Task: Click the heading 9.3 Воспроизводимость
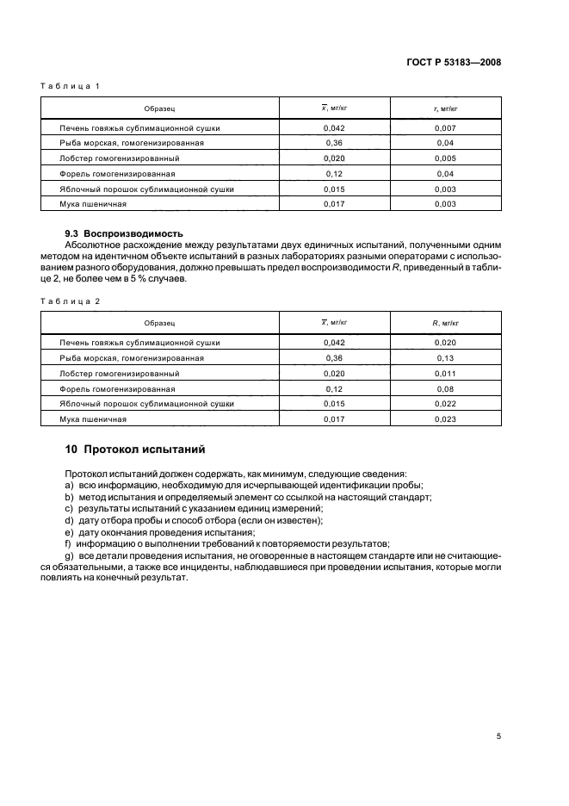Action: pos(125,233)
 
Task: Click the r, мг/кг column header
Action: pos(444,108)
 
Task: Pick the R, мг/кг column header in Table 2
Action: pos(444,323)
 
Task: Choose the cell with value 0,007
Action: pos(444,127)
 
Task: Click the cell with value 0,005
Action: pos(444,158)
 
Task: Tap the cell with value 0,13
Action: pos(444,357)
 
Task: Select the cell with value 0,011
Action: pos(444,373)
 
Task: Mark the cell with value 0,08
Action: pos(444,388)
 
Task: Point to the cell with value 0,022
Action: pos(444,404)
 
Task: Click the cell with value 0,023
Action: pos(444,419)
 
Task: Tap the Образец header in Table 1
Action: pos(160,108)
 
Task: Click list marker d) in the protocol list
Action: pos(69,520)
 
